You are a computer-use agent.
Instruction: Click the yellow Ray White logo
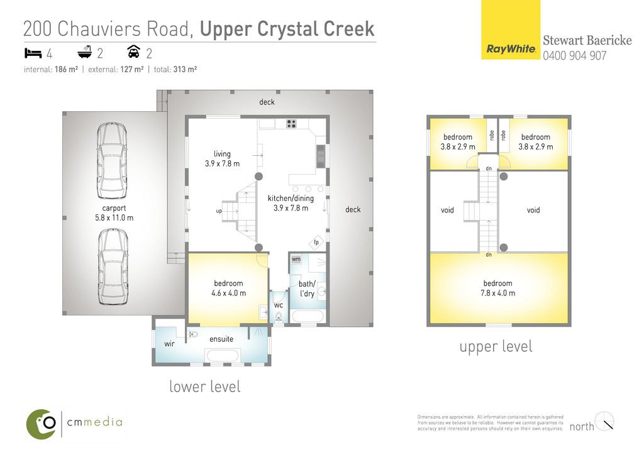coord(511,30)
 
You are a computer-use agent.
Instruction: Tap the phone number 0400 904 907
coord(575,55)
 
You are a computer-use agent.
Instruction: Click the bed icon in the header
coord(33,53)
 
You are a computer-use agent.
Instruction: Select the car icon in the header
coord(134,52)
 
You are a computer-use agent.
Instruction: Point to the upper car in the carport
coord(112,161)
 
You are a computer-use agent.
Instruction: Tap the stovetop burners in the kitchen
coord(291,124)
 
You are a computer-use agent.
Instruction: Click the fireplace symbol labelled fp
coord(316,242)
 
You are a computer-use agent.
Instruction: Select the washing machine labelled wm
coord(296,260)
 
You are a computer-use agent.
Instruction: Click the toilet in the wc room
coord(279,316)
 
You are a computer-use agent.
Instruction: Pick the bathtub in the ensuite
coord(222,355)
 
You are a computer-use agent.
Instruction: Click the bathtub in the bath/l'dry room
coord(307,317)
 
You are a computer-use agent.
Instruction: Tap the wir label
coord(169,344)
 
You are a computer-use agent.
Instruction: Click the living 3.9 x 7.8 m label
coord(222,159)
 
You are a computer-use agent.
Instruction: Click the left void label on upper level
coord(447,210)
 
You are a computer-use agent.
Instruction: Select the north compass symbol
coord(604,421)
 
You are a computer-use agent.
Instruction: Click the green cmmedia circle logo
coord(41,424)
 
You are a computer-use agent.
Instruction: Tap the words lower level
coord(205,386)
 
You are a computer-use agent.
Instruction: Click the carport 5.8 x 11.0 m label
coord(114,213)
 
